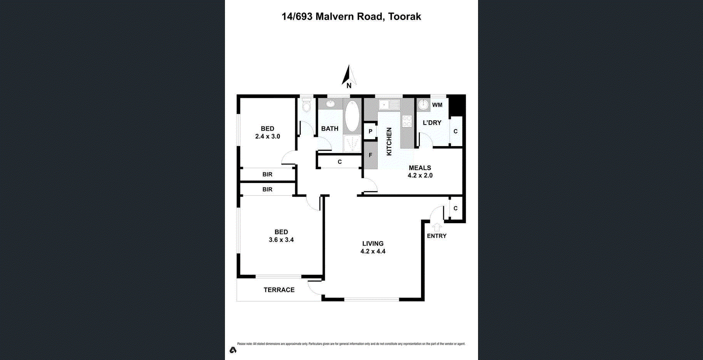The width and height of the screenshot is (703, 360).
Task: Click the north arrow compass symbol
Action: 349,76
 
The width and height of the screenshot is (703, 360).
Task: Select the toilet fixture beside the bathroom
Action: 307,106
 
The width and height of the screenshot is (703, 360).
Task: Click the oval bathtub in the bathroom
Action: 352,116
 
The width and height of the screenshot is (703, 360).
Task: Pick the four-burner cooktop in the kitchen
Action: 407,121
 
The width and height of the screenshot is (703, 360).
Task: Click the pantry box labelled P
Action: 370,131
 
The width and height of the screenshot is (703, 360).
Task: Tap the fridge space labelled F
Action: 370,155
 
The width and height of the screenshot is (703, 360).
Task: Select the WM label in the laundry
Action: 437,105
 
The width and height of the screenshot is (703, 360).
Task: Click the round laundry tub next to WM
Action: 423,104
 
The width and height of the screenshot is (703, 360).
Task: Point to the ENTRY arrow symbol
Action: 436,227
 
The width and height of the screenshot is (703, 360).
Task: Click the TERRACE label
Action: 279,290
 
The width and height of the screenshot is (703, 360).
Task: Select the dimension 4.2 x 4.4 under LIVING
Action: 372,251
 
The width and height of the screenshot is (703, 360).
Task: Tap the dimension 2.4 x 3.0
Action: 267,136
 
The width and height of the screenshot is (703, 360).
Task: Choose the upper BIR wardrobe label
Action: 267,175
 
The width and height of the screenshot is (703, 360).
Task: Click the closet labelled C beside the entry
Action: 455,209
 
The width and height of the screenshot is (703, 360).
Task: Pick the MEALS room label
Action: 420,168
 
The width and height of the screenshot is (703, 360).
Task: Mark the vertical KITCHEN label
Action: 389,141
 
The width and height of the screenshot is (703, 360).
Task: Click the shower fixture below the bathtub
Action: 352,144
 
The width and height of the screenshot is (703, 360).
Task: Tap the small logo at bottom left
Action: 233,350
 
